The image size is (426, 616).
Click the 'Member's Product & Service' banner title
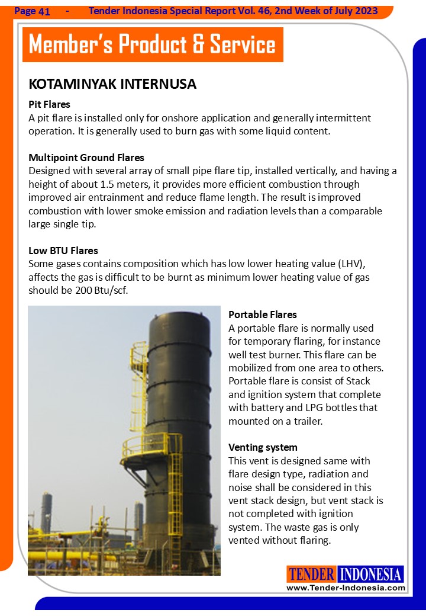(x=152, y=45)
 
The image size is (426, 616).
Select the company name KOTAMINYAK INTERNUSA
(x=112, y=84)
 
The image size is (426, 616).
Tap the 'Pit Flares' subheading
(x=49, y=105)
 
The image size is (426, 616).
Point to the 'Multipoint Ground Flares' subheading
(x=86, y=158)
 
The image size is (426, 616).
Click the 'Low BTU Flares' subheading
(x=63, y=251)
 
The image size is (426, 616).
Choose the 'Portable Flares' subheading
(x=263, y=315)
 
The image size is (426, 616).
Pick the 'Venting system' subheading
(x=263, y=447)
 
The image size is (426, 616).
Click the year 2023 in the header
(x=366, y=11)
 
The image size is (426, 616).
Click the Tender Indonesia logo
(x=346, y=574)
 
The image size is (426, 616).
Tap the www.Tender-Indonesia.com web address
(x=346, y=588)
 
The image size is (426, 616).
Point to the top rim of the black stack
(x=179, y=314)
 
